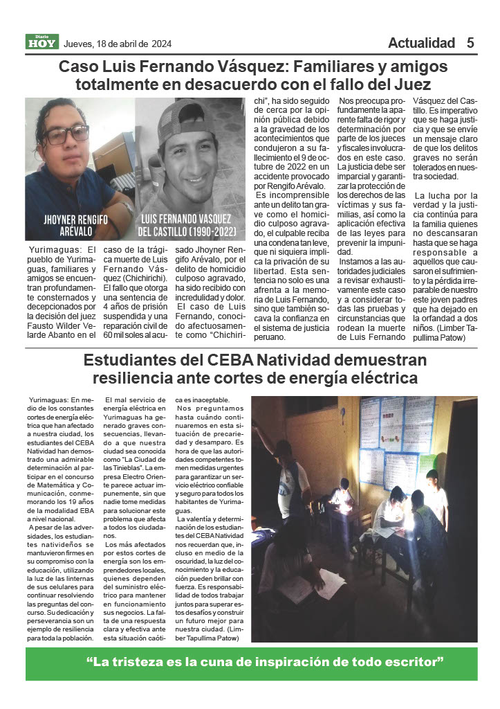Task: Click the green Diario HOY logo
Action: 42,42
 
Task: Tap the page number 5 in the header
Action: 470,43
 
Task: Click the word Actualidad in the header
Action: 421,43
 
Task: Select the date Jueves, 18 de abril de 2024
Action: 117,44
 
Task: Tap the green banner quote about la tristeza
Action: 250,663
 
